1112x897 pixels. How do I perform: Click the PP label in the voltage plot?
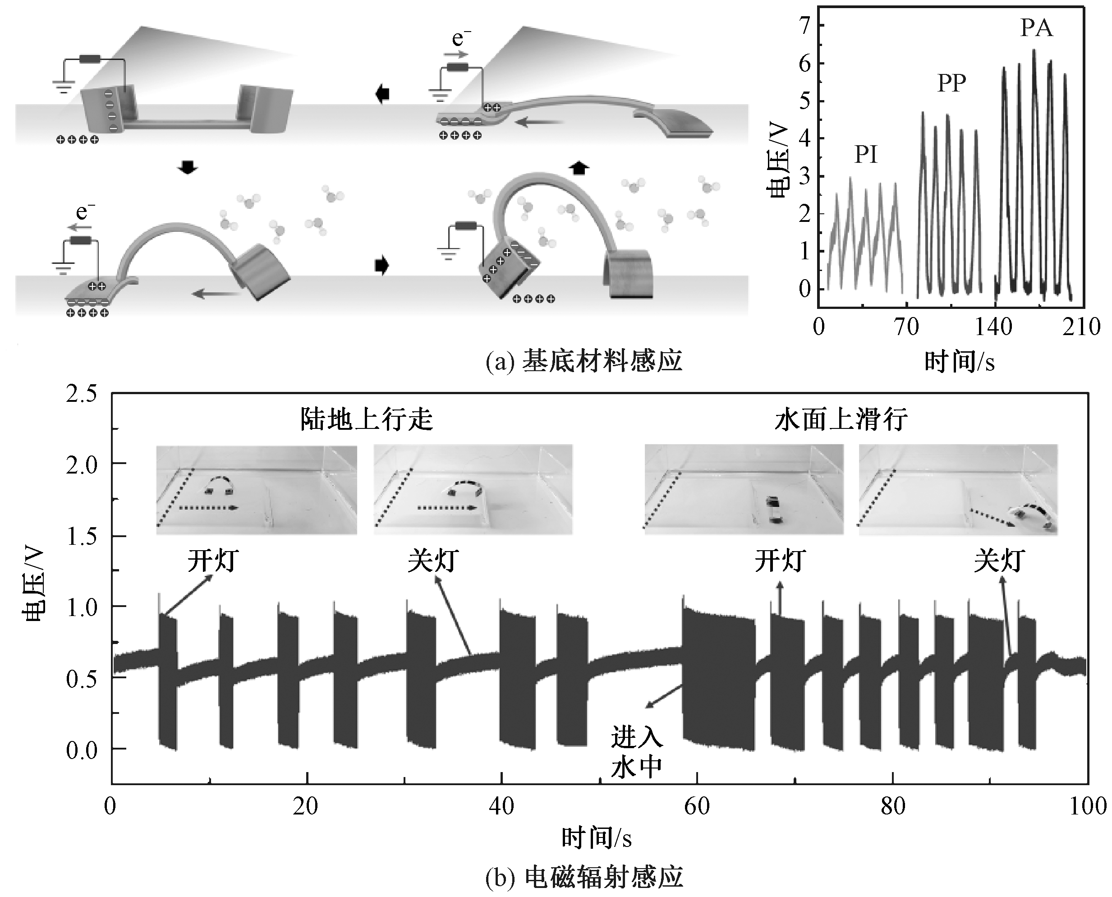[x=951, y=83]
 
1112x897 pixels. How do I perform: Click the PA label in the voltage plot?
[x=1036, y=28]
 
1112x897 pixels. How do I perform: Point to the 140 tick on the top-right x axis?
[x=993, y=327]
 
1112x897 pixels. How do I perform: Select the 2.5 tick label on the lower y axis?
[x=82, y=394]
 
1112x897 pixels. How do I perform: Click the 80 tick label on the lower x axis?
[x=893, y=806]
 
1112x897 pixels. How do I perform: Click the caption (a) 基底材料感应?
[x=584, y=361]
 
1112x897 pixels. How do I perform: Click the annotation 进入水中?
[x=636, y=752]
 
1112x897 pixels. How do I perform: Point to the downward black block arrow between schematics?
[x=187, y=167]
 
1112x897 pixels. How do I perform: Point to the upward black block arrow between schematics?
[x=579, y=168]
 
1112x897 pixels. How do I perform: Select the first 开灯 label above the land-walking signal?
[x=213, y=561]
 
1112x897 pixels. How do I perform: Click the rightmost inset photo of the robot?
[x=958, y=489]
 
